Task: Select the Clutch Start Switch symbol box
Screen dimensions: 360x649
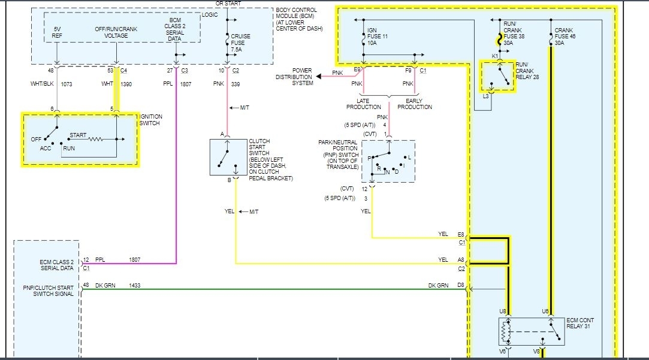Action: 228,157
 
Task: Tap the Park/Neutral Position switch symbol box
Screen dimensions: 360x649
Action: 388,162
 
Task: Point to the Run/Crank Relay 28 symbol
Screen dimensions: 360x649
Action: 497,76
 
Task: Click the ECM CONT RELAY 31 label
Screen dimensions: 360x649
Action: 582,325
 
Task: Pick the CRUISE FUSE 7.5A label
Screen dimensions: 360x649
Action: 241,43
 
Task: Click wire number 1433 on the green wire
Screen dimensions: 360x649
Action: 135,286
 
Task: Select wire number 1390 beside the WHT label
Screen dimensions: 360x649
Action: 126,85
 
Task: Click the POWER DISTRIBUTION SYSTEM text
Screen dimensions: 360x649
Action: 294,77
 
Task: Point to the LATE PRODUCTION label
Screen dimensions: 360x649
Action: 364,104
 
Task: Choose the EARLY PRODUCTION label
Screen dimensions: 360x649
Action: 414,104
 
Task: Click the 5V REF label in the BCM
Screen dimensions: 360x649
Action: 58,32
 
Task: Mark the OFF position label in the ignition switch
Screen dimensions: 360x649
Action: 37,139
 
